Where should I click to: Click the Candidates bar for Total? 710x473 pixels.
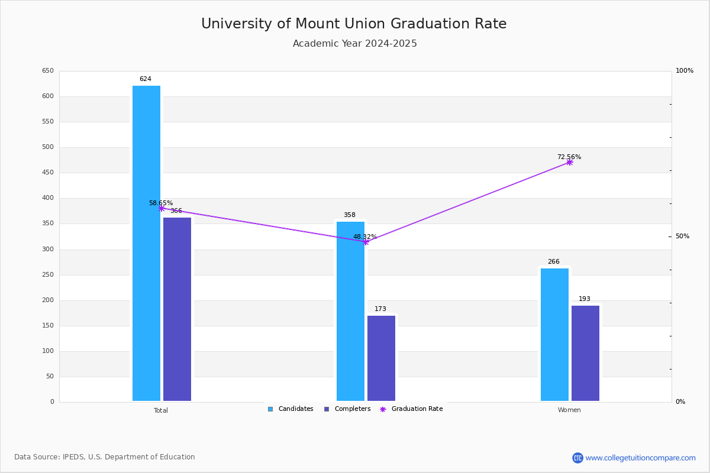tap(146, 243)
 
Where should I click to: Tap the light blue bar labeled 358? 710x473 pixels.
tap(350, 311)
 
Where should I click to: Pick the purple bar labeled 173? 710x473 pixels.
tap(381, 358)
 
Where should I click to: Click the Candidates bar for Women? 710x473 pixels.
tap(554, 335)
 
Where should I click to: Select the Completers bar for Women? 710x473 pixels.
tap(585, 353)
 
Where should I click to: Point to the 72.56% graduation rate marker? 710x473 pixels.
tap(569, 162)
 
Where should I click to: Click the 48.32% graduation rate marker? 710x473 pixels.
tap(366, 242)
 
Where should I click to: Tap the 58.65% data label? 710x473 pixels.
tap(161, 203)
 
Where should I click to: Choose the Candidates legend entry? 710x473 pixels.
tap(291, 409)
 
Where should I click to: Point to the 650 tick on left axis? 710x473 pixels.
tap(48, 71)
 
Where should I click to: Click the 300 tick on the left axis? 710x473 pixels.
tap(48, 250)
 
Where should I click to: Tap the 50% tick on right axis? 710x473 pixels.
tap(682, 237)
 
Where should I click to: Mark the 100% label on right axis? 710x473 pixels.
tap(685, 71)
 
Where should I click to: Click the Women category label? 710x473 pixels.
tap(569, 410)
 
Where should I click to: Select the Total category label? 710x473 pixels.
tap(161, 410)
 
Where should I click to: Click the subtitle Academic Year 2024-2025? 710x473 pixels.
tap(355, 44)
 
